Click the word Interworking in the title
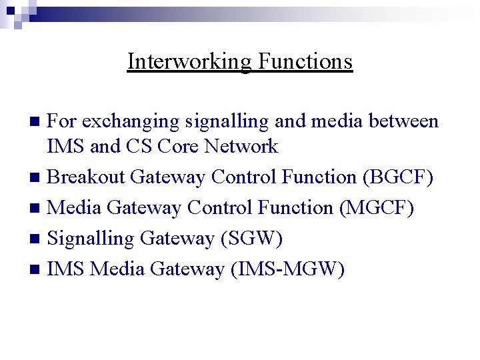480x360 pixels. (189, 61)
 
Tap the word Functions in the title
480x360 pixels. (305, 61)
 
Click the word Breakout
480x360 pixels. (87, 177)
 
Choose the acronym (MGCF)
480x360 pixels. (377, 208)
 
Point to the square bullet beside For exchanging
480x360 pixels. (37, 122)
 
